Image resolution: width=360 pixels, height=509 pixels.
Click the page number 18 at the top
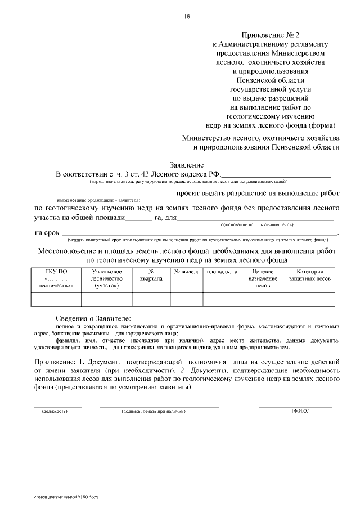point(187,16)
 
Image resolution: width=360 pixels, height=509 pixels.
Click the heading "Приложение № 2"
point(269,34)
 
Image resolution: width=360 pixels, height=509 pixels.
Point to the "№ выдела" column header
point(187,272)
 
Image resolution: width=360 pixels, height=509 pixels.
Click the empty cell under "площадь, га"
point(222,299)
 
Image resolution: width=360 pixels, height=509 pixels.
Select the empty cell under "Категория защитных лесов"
point(309,299)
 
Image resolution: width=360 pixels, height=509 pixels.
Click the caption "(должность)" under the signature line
point(55,411)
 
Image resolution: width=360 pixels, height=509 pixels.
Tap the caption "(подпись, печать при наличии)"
point(154,411)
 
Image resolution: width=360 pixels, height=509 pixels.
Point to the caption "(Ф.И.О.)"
point(300,411)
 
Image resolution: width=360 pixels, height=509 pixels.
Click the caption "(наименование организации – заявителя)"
point(97,200)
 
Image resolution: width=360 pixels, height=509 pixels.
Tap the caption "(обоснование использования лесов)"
point(256,224)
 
